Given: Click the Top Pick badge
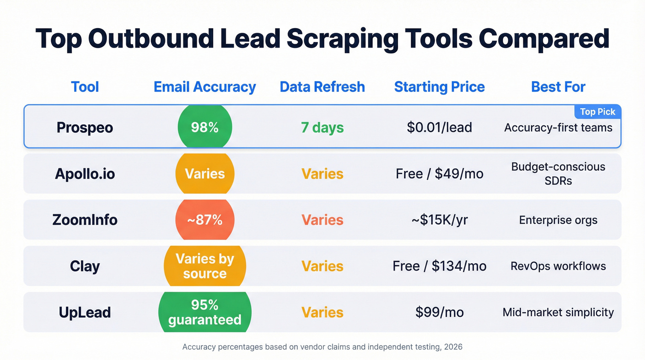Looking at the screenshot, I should (598, 112).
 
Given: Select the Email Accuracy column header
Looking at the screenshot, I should (205, 87).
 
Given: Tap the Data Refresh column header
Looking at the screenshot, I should (322, 87).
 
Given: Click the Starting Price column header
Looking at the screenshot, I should (439, 87).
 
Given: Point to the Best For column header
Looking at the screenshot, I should (558, 87).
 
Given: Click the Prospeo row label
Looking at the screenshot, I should (85, 128).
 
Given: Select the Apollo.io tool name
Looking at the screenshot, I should (85, 174).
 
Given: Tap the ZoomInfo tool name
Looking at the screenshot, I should (85, 220).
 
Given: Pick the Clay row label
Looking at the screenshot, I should (85, 266).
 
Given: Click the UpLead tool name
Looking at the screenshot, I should (85, 312).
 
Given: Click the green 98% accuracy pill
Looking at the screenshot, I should (205, 128).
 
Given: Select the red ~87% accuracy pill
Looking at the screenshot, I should (205, 220).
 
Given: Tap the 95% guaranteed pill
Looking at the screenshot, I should (205, 312).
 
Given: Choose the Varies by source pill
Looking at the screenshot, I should (205, 266).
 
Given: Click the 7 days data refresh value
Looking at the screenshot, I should (322, 128).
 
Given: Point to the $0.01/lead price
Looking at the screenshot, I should (439, 128).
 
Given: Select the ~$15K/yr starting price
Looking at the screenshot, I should (439, 220).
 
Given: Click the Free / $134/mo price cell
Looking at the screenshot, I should (439, 266).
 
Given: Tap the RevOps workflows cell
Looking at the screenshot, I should (558, 266).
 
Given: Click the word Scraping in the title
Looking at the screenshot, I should (340, 39).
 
